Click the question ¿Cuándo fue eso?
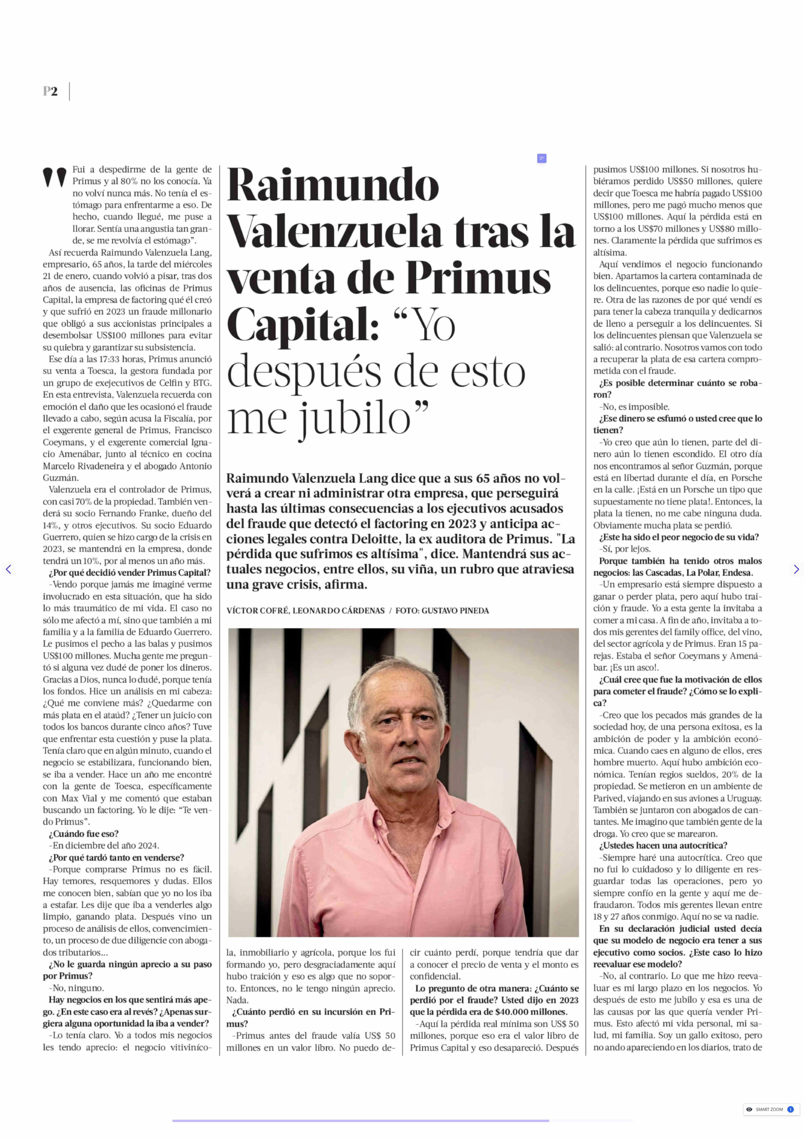tap(83, 834)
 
